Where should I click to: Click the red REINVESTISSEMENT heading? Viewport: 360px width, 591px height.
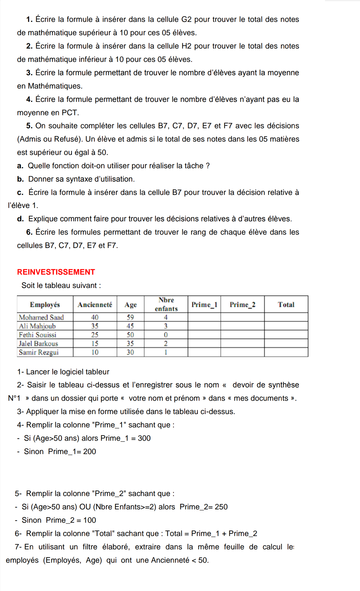(x=56, y=272)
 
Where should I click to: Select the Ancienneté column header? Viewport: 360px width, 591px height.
(x=95, y=305)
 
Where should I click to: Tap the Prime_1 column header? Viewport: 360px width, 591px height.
(x=204, y=305)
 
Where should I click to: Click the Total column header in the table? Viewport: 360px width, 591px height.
(x=286, y=305)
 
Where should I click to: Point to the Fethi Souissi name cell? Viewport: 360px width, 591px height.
(x=37, y=335)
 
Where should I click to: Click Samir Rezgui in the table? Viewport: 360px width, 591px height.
(x=39, y=352)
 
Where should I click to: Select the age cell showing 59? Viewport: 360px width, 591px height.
(x=130, y=317)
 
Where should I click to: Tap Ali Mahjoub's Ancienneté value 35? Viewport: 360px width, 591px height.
(x=95, y=326)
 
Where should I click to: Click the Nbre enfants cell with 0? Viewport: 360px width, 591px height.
(x=166, y=335)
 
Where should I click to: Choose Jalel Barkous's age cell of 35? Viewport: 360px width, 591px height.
(x=130, y=344)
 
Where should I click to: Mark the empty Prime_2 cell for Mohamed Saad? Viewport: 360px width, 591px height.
(x=242, y=317)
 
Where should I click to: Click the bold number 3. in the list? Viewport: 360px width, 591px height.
(x=29, y=73)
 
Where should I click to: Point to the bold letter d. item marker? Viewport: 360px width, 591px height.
(x=20, y=219)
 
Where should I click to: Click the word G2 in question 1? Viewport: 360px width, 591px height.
(x=186, y=19)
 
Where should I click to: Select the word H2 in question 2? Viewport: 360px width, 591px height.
(x=186, y=46)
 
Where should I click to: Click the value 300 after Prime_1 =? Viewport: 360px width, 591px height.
(x=144, y=438)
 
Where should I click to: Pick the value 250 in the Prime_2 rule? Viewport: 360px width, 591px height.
(x=221, y=507)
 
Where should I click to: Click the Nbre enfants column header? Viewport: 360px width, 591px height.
(x=166, y=304)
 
